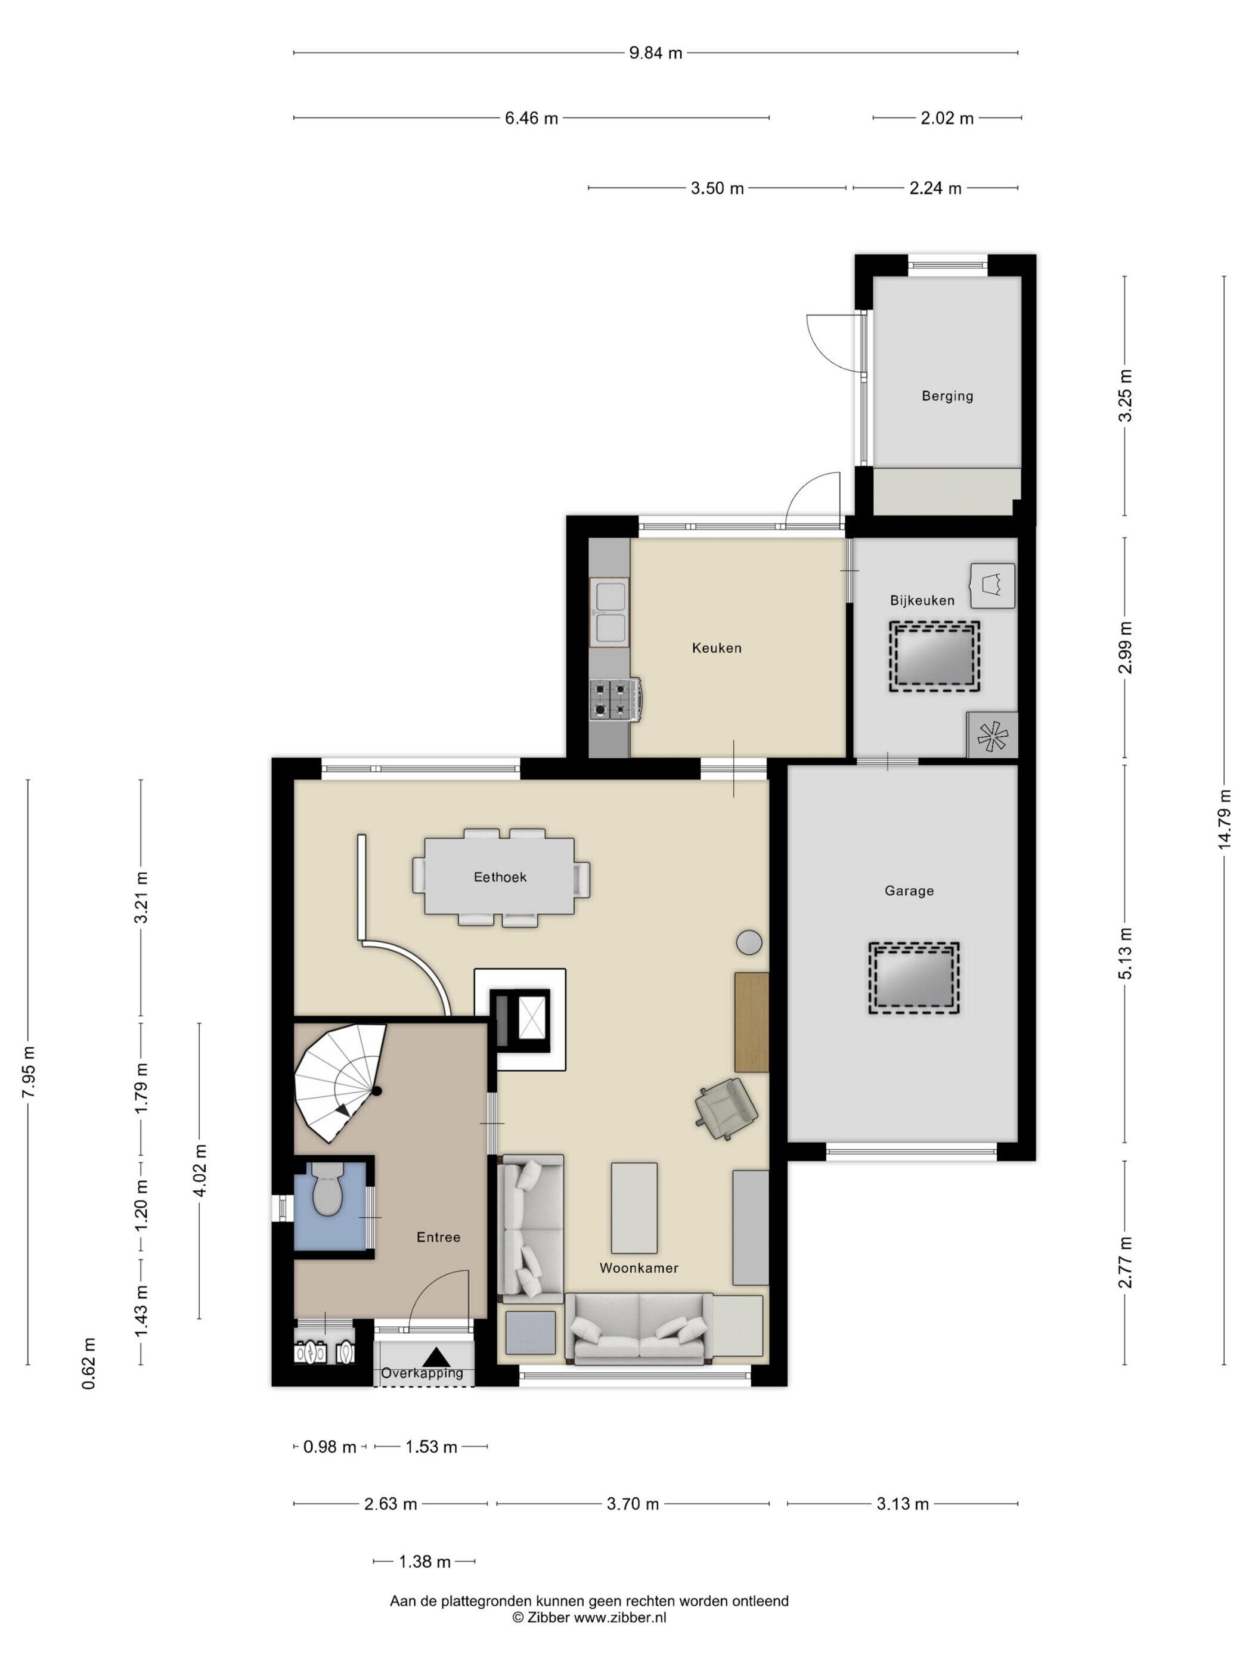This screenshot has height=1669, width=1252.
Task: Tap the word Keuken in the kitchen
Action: coord(716,647)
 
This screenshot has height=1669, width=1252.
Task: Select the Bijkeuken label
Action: coord(922,601)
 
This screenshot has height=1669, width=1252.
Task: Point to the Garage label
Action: coord(909,891)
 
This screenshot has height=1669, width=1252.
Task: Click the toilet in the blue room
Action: coord(327,1189)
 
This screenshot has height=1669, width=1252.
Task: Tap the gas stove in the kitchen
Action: coord(616,699)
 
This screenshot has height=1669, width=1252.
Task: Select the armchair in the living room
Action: coord(725,1106)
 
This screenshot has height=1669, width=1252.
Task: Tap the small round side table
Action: coord(749,942)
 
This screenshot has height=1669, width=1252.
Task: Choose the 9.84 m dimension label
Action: coord(655,53)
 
